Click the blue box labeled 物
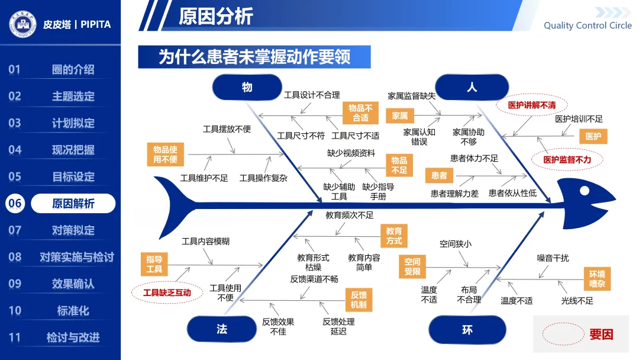pyautogui.click(x=247, y=87)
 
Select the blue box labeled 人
pyautogui.click(x=472, y=87)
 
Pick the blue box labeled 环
pyautogui.click(x=467, y=329)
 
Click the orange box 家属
pyautogui.click(x=400, y=116)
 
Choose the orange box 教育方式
pyautogui.click(x=394, y=236)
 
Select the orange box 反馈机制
pyautogui.click(x=359, y=300)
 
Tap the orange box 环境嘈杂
pyautogui.click(x=596, y=279)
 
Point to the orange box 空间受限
pyautogui.click(x=412, y=266)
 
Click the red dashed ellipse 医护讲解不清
pyautogui.click(x=532, y=105)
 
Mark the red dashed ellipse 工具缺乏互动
pyautogui.click(x=167, y=292)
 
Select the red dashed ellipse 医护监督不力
pyautogui.click(x=567, y=159)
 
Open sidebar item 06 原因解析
pyautogui.click(x=72, y=204)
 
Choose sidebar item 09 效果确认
pyautogui.click(x=72, y=284)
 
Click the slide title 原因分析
pyautogui.click(x=216, y=16)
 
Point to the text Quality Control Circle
pyautogui.click(x=588, y=25)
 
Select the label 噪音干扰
pyautogui.click(x=553, y=258)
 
